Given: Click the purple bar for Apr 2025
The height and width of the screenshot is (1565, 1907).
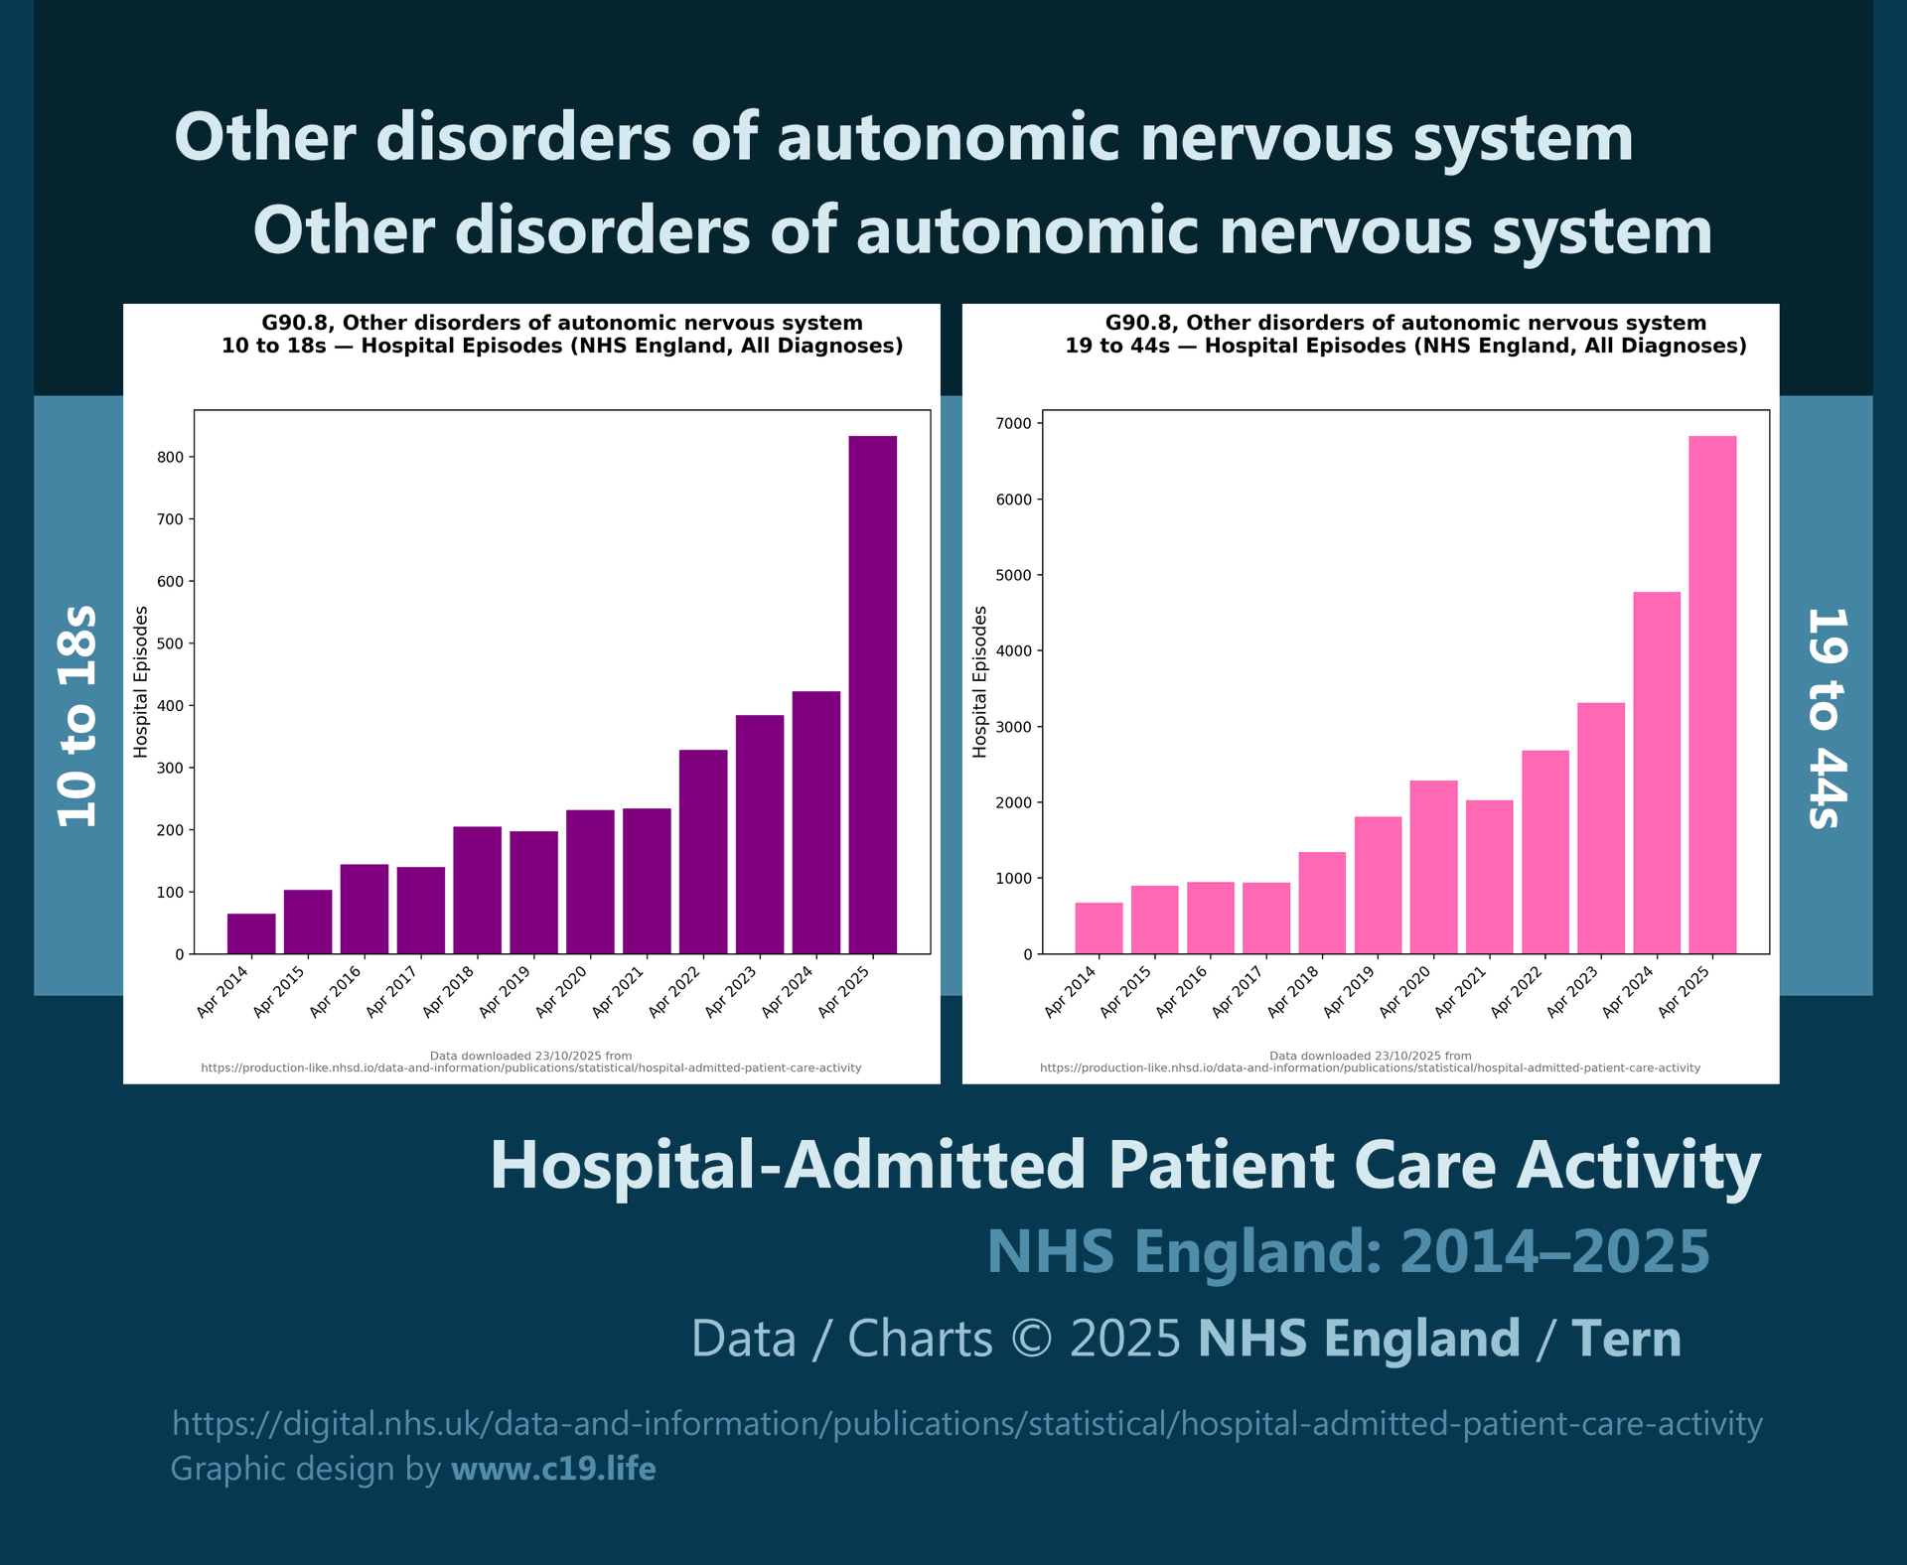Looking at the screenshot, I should [x=872, y=695].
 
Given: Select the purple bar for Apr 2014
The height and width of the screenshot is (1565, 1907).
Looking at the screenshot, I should [x=251, y=933].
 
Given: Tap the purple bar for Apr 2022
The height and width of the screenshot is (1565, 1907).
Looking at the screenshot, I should [x=703, y=852].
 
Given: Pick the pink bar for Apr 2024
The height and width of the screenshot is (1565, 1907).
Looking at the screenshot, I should [x=1657, y=773].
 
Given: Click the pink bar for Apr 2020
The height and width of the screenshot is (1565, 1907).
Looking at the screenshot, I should [x=1433, y=867].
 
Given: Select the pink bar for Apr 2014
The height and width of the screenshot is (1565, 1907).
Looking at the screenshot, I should [x=1099, y=928].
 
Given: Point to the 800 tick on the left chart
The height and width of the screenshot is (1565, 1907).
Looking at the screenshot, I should [x=170, y=458].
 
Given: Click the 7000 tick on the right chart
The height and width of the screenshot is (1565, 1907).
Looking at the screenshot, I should [x=1013, y=424].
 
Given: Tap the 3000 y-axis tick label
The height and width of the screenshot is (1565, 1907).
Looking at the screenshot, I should [x=1013, y=727].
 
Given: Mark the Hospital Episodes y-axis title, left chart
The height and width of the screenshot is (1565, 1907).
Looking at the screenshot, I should [x=141, y=681].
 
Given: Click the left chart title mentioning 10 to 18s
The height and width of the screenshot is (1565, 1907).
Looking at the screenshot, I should [x=562, y=335].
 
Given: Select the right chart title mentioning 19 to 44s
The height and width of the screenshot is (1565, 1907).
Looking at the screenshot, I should [x=1405, y=335].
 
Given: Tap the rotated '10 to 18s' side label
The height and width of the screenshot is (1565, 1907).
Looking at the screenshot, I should [x=77, y=715].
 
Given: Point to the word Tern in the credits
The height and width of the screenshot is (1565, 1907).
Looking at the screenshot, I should [x=1626, y=1339].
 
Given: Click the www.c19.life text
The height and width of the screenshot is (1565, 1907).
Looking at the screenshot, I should [x=553, y=1469].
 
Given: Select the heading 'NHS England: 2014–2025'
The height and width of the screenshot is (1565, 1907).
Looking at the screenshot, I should [x=1348, y=1251].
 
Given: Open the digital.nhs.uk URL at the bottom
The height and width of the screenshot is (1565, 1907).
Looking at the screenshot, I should [x=966, y=1424].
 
